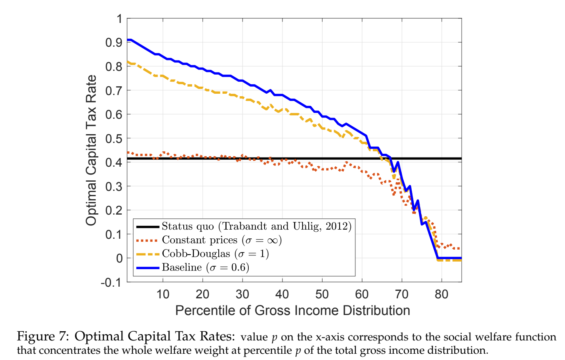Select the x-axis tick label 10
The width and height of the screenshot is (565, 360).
pos(162,294)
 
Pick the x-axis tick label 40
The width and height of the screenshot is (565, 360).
pos(282,294)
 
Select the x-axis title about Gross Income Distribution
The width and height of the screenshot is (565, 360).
pos(292,310)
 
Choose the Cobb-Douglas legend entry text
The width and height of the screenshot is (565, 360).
pos(215,253)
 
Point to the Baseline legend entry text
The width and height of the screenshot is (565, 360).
pos(205,267)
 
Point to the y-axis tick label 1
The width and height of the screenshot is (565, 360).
pos(120,19)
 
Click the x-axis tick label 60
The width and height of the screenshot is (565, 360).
pos(362,294)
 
